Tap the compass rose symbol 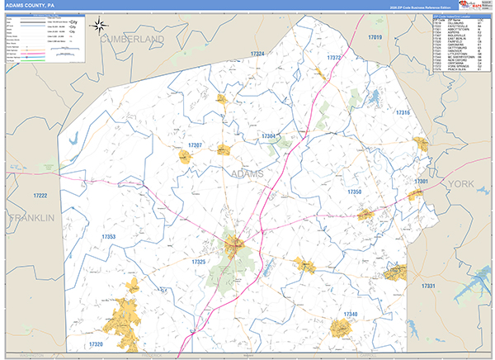tap(99, 26)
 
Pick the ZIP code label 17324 tap(257, 54)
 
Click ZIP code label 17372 tap(334, 58)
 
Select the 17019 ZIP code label tap(375, 38)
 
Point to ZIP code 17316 tap(402, 112)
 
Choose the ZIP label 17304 tap(268, 135)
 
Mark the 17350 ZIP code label tap(355, 192)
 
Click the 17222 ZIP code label tap(40, 195)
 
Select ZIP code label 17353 tap(109, 237)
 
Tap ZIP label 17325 tap(198, 261)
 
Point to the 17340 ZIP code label tap(350, 315)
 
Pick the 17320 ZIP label tap(95, 343)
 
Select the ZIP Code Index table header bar tap(458, 15)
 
